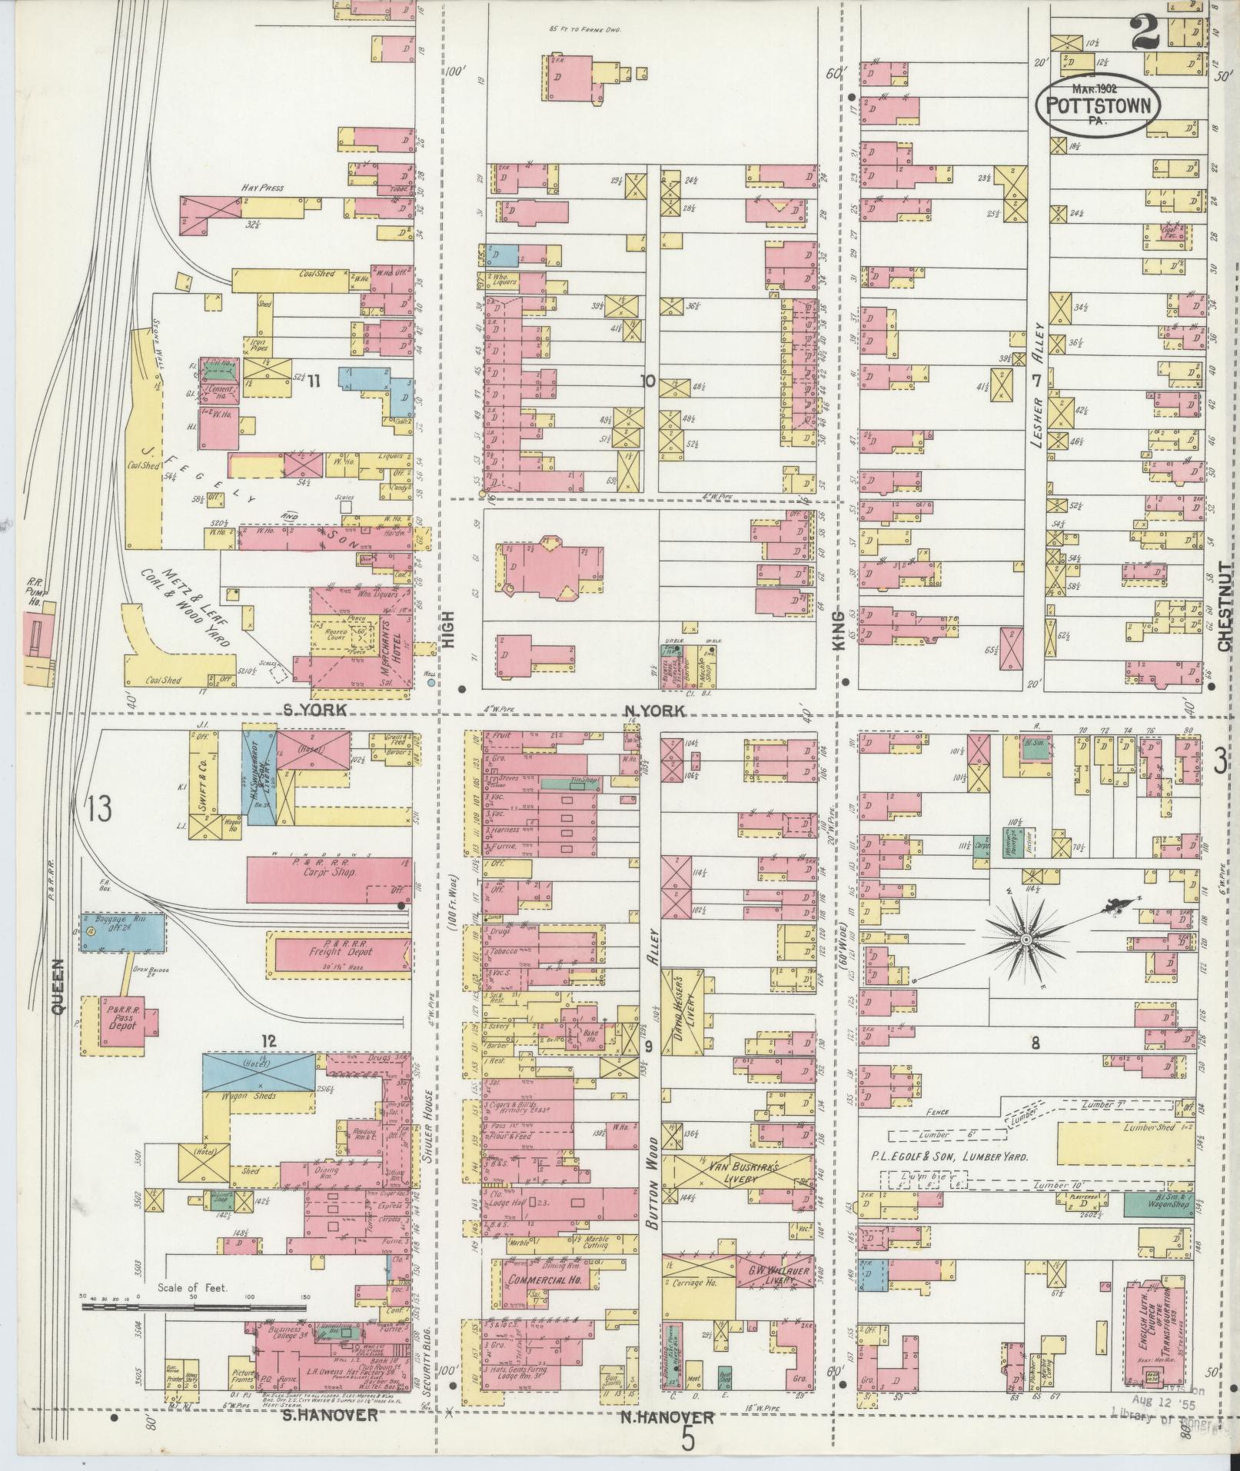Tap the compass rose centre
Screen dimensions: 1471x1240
[x=1026, y=940]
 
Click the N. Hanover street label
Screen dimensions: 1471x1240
[x=667, y=1417]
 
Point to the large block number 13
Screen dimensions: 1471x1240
[x=99, y=808]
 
